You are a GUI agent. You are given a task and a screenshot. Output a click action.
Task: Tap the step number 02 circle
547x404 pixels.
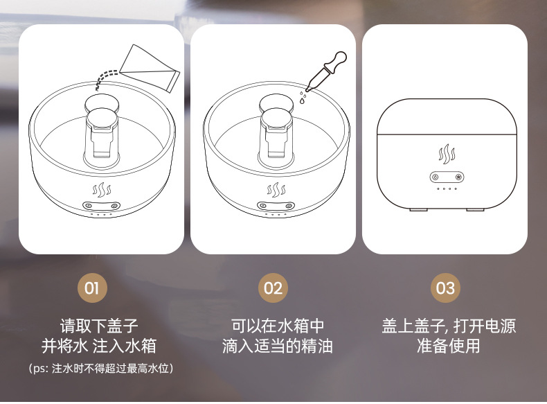pyautogui.click(x=273, y=287)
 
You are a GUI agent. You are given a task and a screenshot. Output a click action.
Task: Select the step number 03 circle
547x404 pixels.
pyautogui.click(x=446, y=287)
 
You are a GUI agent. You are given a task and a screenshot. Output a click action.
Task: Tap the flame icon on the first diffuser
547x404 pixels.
pyautogui.click(x=101, y=189)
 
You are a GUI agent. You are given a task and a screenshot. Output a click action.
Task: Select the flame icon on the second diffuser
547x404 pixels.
pyautogui.click(x=276, y=189)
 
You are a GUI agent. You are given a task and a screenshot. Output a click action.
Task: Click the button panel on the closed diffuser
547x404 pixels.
pyautogui.click(x=445, y=176)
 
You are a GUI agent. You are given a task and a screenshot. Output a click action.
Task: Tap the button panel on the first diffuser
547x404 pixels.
pyautogui.click(x=101, y=206)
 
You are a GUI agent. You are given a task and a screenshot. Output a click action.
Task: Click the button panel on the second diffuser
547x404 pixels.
pyautogui.click(x=276, y=206)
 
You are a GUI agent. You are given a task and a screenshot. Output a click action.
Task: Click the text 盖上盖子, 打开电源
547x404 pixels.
pyautogui.click(x=449, y=326)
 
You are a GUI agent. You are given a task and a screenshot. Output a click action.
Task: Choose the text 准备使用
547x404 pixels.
pyautogui.click(x=449, y=346)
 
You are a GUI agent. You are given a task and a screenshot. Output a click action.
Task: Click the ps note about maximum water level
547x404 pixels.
pyautogui.click(x=100, y=369)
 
